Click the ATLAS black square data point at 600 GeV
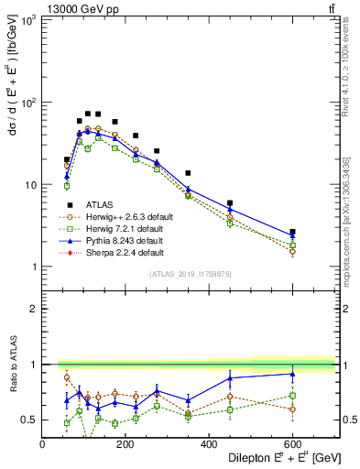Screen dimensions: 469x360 (293, 232)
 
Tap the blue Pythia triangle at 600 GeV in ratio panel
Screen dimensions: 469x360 (293, 374)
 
